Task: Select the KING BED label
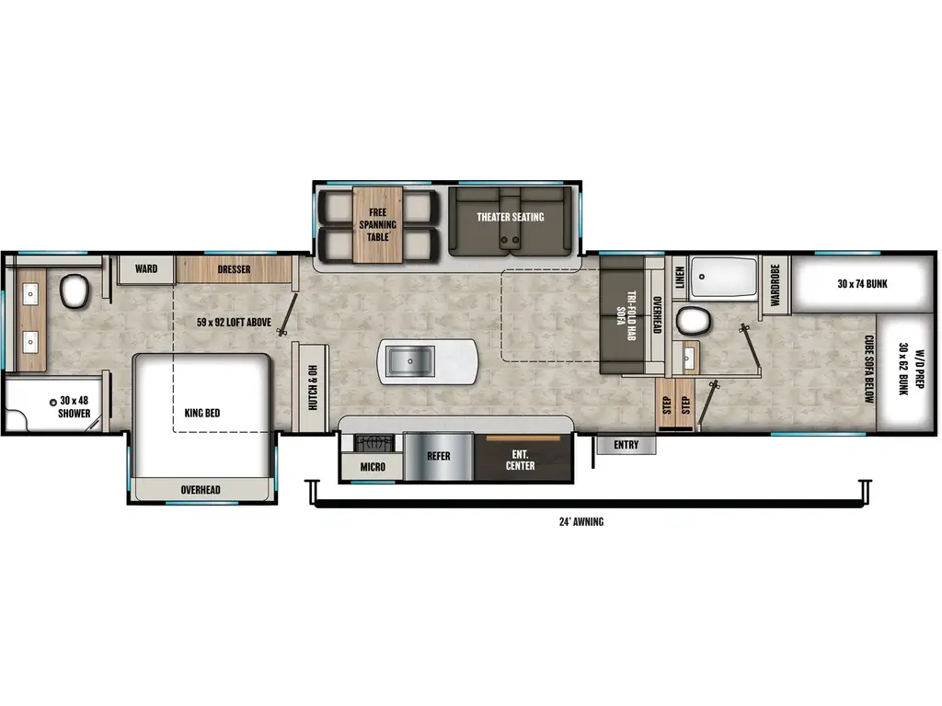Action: coord(202,413)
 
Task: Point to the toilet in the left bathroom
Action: coord(73,293)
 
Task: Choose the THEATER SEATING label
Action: coord(510,217)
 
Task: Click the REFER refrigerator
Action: coord(438,457)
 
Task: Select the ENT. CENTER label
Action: coord(522,460)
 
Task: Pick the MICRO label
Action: coord(373,466)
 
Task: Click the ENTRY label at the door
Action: coord(626,445)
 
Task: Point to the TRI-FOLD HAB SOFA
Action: coord(626,315)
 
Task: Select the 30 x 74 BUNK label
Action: coord(862,284)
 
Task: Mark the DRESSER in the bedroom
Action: coord(234,269)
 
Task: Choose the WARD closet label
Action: coord(146,269)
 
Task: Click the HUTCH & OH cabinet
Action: coord(312,387)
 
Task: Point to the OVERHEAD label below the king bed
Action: coord(200,489)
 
